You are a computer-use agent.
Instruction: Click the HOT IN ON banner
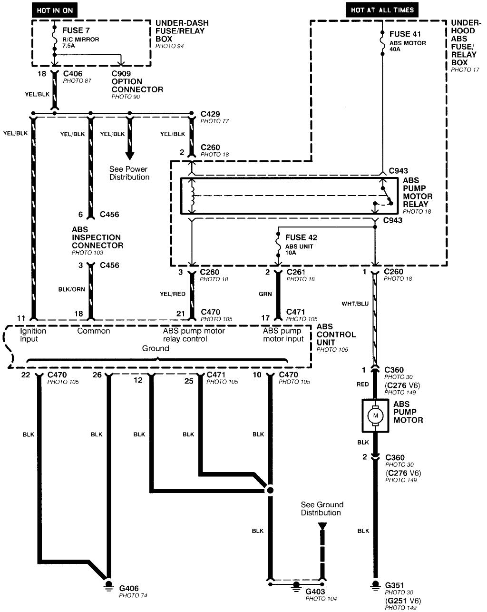(55, 10)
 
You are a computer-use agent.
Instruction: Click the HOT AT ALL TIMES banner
(382, 10)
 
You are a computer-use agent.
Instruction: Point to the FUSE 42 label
(301, 237)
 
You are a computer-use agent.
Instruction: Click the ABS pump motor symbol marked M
(375, 415)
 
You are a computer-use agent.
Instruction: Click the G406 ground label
(129, 588)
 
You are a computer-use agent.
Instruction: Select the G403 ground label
(315, 592)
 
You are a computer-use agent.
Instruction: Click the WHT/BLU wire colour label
(355, 303)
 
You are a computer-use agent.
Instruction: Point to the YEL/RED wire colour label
(173, 294)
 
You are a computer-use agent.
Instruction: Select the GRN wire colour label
(265, 294)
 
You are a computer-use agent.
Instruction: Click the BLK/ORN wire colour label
(72, 289)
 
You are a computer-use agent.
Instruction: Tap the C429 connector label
(210, 114)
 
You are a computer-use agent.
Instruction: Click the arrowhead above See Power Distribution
(129, 156)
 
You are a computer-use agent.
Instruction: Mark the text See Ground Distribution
(321, 509)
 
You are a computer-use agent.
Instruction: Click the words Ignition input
(33, 335)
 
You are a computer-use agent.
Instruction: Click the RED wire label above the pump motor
(362, 384)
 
